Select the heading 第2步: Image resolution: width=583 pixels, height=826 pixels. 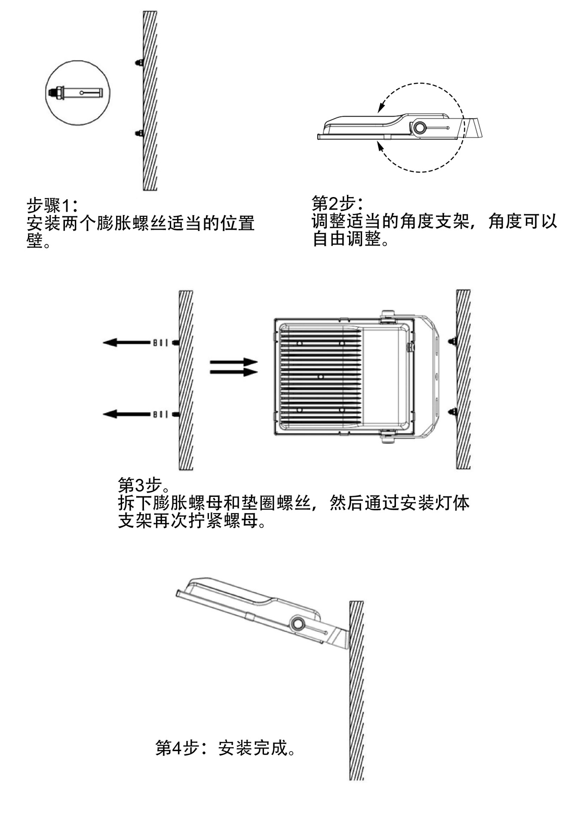click(x=337, y=203)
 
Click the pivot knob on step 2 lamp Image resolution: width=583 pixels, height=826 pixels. click(x=419, y=128)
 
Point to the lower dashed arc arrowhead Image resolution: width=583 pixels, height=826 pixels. click(x=380, y=145)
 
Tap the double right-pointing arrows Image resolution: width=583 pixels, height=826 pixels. click(x=233, y=367)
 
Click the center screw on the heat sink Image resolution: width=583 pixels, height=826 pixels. click(x=321, y=377)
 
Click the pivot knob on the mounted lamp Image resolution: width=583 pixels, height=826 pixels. click(x=297, y=624)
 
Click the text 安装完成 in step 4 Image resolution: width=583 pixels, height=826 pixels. click(x=252, y=748)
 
